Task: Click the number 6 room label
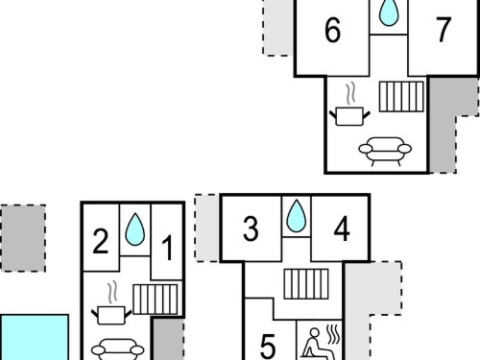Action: coord(332,30)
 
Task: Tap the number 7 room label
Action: coord(444,29)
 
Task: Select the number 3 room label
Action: coord(251,228)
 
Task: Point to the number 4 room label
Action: coord(342,228)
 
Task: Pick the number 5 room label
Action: coord(268,346)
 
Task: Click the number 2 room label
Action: coord(101,241)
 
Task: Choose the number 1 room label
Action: coord(167,247)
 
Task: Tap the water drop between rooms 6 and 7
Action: coord(389,12)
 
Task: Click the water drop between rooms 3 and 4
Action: coord(297,216)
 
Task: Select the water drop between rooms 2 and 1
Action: coord(134,229)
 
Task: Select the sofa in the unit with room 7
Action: coord(385,151)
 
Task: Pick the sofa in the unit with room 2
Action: coord(118,349)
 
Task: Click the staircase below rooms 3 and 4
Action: coord(306,284)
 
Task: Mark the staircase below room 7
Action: coord(401,97)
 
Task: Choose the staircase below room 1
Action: coord(156,300)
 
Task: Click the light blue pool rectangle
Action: coord(35,337)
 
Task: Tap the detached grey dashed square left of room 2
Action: coord(23,238)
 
